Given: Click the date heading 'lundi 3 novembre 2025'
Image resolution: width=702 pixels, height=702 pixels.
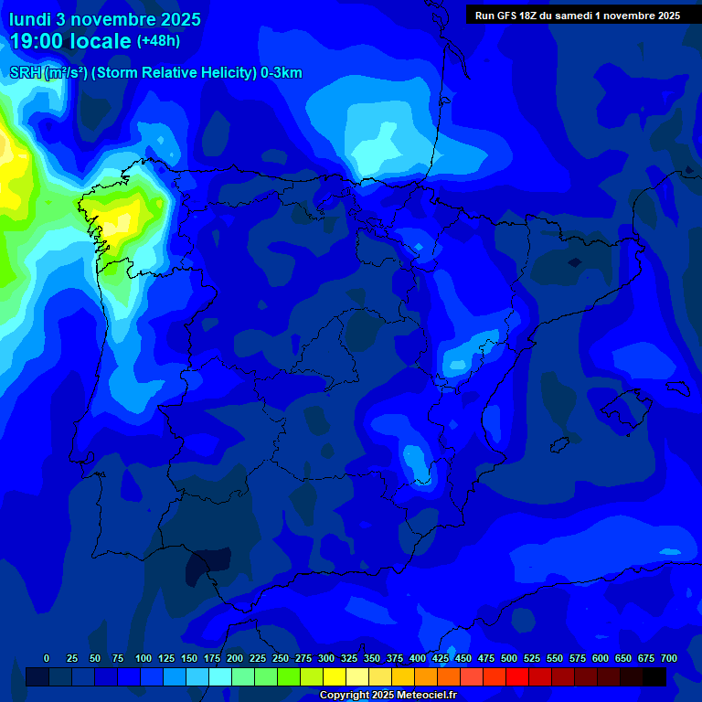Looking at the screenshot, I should (105, 19).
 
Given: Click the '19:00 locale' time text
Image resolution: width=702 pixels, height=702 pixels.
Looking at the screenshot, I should (70, 41).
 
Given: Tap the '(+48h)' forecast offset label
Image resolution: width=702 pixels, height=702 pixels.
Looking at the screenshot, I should (159, 41).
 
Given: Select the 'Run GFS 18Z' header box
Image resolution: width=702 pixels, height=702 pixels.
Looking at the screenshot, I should (577, 15).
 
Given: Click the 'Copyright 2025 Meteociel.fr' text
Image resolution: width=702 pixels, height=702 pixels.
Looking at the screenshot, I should (388, 696).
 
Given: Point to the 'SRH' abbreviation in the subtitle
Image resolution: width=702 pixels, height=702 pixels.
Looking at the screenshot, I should (26, 73).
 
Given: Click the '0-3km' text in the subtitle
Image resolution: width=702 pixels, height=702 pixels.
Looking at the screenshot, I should (281, 73).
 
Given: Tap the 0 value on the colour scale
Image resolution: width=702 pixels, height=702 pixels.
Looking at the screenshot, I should (47, 658).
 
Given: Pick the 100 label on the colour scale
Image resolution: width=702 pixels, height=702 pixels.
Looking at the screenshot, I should (144, 658).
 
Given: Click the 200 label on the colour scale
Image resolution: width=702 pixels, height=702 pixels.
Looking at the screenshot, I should (235, 658).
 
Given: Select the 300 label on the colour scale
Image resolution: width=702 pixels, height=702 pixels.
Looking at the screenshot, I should (326, 658).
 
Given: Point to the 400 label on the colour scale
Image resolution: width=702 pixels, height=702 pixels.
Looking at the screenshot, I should (418, 658).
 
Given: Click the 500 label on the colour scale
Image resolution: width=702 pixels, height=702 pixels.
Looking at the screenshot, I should (509, 658).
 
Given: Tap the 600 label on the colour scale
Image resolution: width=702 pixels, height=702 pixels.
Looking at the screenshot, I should (601, 658).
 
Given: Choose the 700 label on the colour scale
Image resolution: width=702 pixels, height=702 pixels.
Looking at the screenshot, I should (669, 658).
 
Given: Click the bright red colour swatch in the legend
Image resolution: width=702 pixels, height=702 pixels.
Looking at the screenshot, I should (517, 676).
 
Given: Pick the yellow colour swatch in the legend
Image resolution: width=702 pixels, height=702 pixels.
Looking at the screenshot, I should (335, 676).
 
